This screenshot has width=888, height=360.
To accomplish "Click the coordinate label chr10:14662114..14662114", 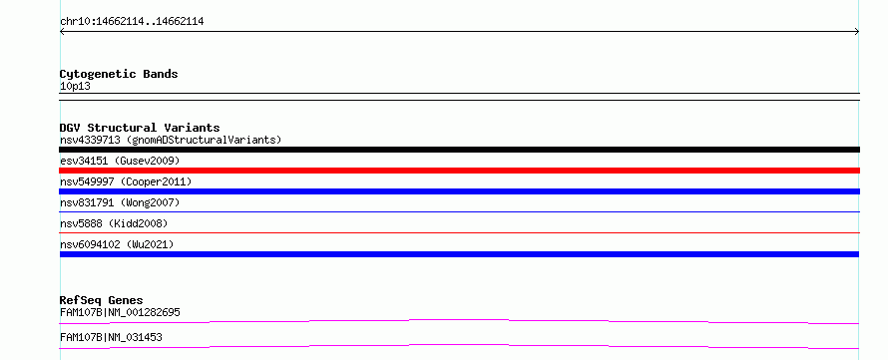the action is click(x=132, y=22).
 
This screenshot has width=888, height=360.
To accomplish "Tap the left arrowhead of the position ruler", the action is click(x=62, y=32).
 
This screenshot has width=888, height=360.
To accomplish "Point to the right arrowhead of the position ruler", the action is click(x=857, y=32).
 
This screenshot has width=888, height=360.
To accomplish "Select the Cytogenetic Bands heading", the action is click(x=119, y=74).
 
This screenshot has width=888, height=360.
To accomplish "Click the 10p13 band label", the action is click(x=75, y=87).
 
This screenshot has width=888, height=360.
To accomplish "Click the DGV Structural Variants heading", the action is click(x=140, y=128).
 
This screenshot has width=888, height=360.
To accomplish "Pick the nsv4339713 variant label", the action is click(x=171, y=140).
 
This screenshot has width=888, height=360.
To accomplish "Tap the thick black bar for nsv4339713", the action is click(x=459, y=150).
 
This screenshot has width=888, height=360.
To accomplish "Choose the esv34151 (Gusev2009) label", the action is click(x=120, y=162).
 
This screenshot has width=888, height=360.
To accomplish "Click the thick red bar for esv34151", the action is click(x=459, y=171).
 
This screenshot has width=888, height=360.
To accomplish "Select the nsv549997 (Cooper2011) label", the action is click(x=126, y=181).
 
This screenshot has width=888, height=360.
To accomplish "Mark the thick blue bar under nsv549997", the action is click(x=459, y=191).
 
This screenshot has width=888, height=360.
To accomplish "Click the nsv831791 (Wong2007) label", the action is click(x=120, y=202).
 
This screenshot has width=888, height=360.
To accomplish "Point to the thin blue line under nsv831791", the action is click(x=459, y=211).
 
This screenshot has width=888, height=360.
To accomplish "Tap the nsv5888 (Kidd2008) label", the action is click(x=114, y=223).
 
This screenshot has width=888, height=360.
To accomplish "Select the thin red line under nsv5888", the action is click(x=459, y=232).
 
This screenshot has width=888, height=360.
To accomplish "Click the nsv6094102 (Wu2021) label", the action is click(x=117, y=244).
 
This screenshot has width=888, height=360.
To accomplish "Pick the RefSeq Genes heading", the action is click(x=102, y=300).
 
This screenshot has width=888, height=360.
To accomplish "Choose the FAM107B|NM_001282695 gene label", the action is click(x=120, y=312).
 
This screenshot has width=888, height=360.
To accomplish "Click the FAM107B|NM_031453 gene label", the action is click(x=111, y=337).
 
